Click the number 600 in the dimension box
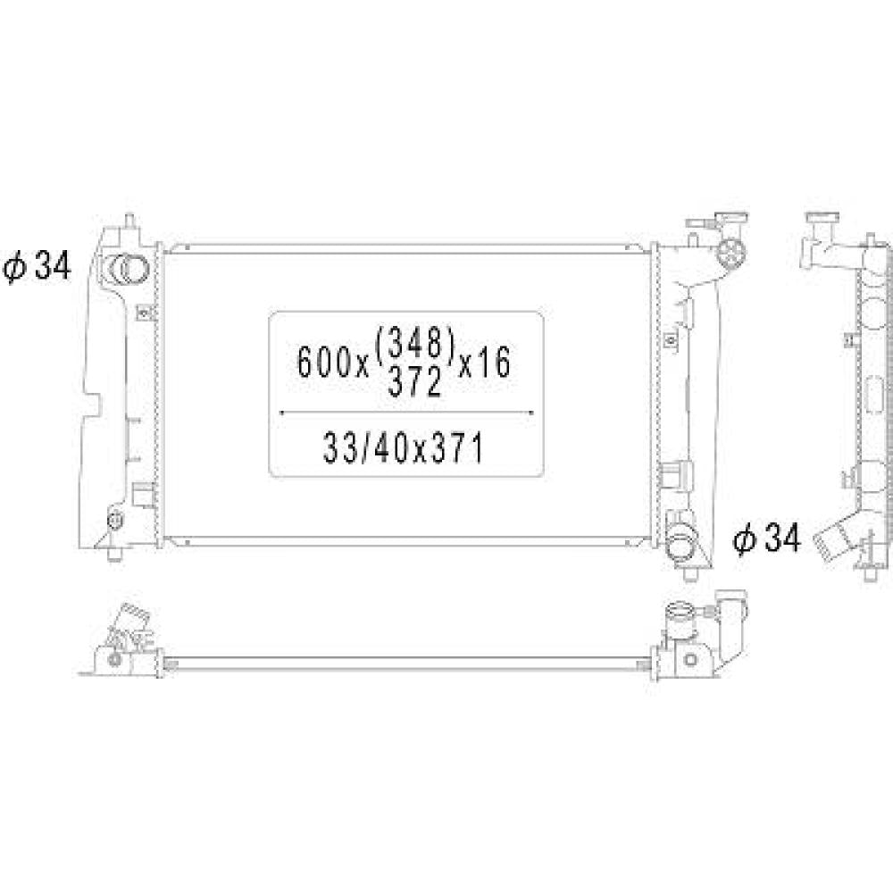(321, 363)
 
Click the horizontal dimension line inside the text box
(407, 413)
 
